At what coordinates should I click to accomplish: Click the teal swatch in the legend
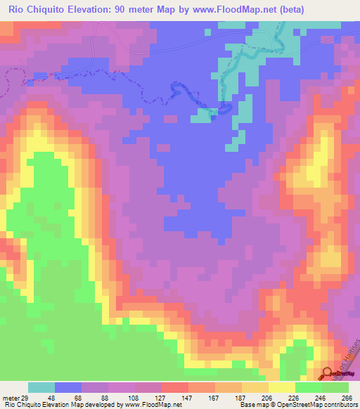41,387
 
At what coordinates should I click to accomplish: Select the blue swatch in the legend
68,387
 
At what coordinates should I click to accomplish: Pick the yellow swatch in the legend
281,387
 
